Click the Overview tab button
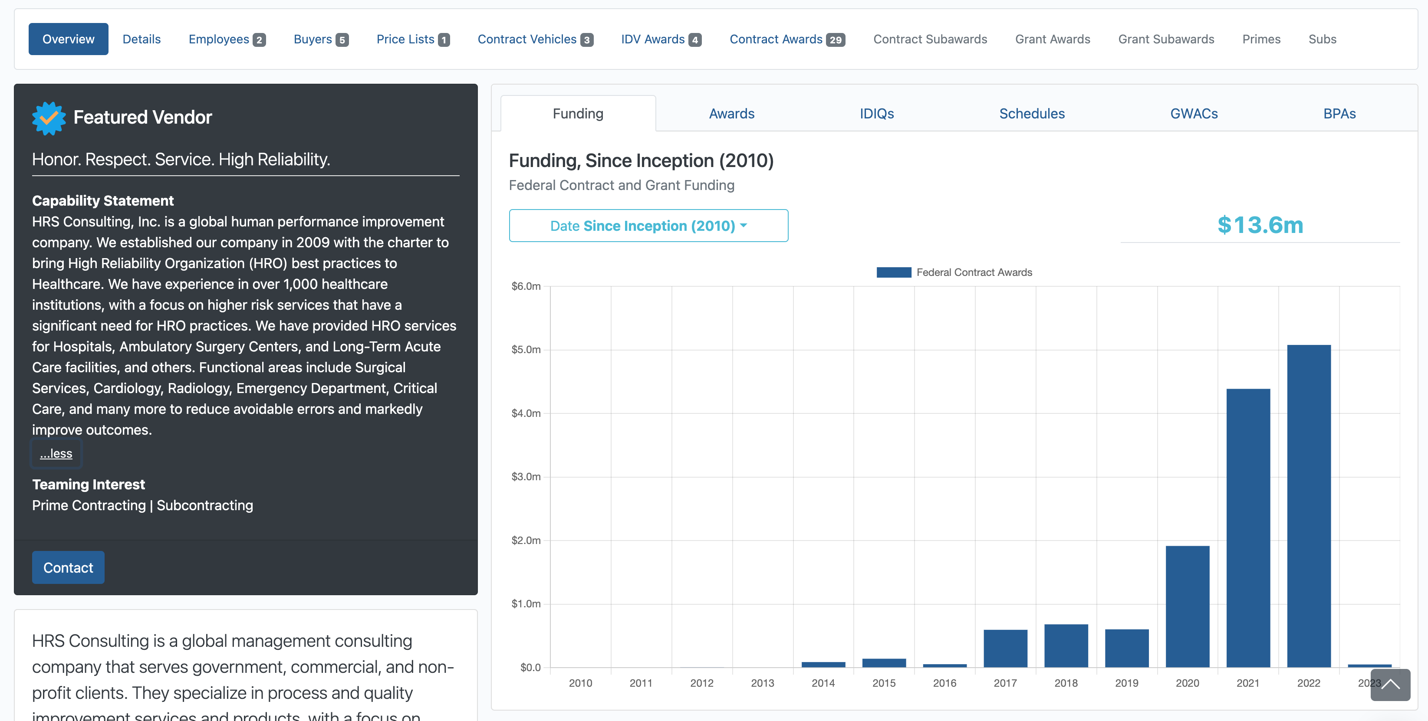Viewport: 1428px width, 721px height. click(68, 39)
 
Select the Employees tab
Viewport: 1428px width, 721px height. click(227, 39)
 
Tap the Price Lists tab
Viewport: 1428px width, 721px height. click(413, 39)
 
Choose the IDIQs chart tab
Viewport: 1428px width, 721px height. click(876, 114)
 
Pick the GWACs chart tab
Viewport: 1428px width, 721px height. click(1194, 114)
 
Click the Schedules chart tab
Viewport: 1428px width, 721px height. click(1032, 114)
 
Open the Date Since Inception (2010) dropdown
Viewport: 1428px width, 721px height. click(648, 226)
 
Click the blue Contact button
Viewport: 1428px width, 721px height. click(68, 567)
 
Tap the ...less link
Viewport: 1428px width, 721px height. click(56, 453)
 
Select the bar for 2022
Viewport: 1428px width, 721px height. click(1309, 506)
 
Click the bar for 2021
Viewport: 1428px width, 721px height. click(1248, 528)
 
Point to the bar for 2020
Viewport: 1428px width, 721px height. click(1188, 606)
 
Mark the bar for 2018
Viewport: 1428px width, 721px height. click(1066, 646)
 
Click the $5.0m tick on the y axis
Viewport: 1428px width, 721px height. click(526, 350)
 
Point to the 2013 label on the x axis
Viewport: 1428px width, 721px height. click(762, 683)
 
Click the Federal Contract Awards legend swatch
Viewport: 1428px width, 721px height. click(894, 272)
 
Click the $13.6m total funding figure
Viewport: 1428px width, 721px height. click(1260, 225)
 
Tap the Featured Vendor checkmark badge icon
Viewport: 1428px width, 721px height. click(49, 118)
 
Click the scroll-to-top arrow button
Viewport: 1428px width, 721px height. click(1390, 685)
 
